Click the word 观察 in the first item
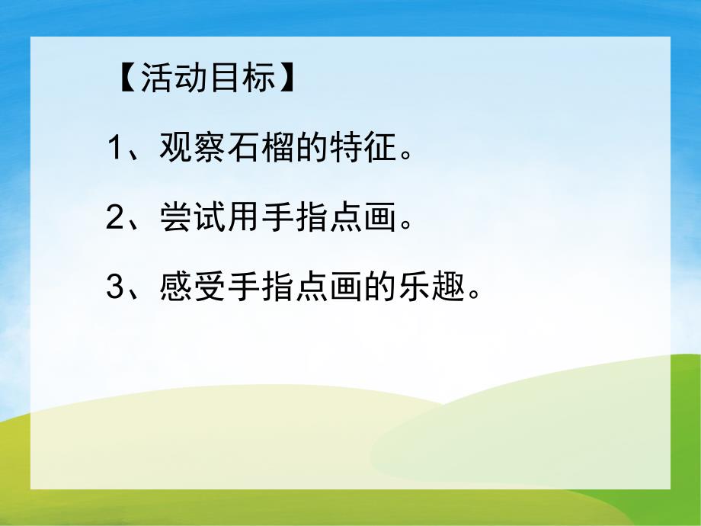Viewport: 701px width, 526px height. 193,149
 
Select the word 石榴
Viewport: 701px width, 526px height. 261,149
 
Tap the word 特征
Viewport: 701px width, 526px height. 363,149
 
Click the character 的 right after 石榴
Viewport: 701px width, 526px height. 312,149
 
